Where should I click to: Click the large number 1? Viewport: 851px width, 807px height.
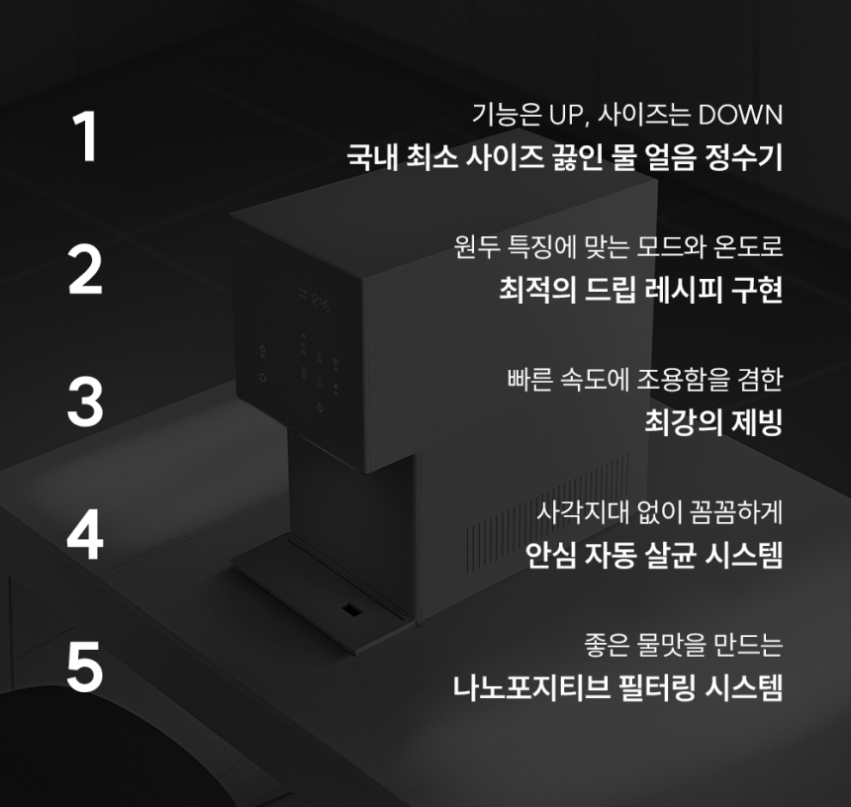(86, 136)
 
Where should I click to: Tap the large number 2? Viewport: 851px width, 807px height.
(85, 270)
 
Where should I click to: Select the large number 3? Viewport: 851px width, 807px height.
(85, 402)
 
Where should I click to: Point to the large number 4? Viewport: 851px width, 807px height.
(85, 534)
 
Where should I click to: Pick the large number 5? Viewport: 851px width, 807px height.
(85, 667)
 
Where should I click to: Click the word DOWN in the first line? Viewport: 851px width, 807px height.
(740, 115)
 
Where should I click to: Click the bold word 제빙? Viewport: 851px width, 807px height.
(757, 422)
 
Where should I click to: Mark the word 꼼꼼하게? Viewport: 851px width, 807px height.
(736, 511)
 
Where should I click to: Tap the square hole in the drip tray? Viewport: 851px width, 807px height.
(351, 610)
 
